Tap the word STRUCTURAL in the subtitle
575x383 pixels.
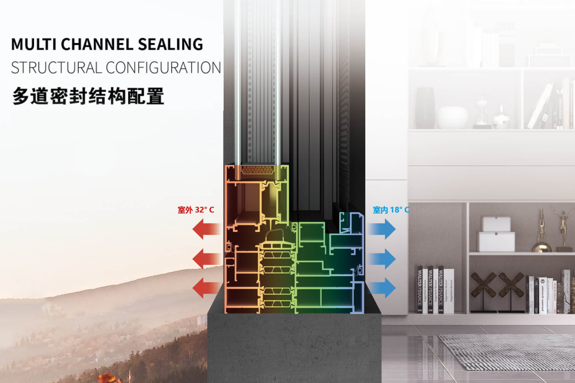tap(56, 68)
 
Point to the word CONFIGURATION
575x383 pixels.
tap(163, 68)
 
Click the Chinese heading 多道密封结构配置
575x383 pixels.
tap(88, 96)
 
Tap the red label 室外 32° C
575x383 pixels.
tap(196, 210)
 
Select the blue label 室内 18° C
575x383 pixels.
tap(391, 210)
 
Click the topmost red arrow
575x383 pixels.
tap(206, 229)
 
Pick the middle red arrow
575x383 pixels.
tap(206, 259)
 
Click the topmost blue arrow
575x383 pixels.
tap(382, 229)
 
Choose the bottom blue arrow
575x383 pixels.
tap(382, 288)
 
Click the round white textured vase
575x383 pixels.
tap(453, 117)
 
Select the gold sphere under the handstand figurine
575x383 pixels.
tap(541, 246)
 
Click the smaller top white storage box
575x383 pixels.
tap(496, 224)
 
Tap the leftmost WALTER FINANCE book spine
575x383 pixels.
tap(420, 289)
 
